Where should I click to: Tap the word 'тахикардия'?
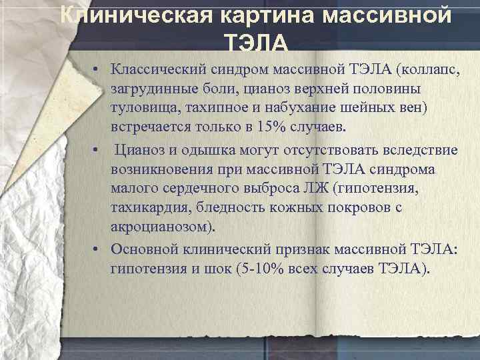point(150,208)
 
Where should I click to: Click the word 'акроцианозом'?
point(163,227)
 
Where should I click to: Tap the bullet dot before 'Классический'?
point(97,69)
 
